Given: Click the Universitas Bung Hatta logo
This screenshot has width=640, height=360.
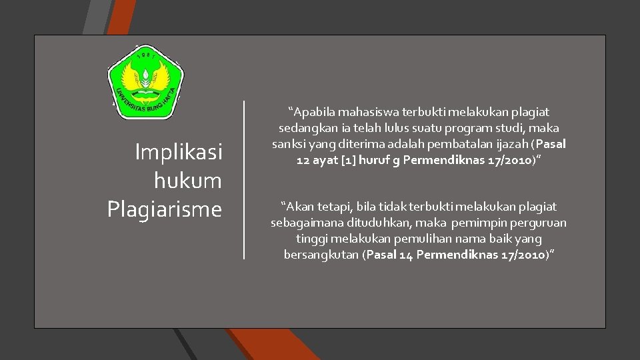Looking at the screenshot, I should (x=145, y=82).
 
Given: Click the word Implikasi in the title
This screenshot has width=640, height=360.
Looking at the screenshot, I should (x=178, y=152).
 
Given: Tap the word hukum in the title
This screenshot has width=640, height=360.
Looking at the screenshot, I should (x=187, y=181).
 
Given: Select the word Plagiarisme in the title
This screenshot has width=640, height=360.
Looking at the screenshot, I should (x=164, y=209).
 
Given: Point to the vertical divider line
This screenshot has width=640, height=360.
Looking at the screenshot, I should (x=244, y=179).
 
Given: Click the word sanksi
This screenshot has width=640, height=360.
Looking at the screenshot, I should (x=289, y=143).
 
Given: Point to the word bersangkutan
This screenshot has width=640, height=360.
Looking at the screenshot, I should (x=321, y=255).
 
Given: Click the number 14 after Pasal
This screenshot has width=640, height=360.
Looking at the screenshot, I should (x=407, y=255).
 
